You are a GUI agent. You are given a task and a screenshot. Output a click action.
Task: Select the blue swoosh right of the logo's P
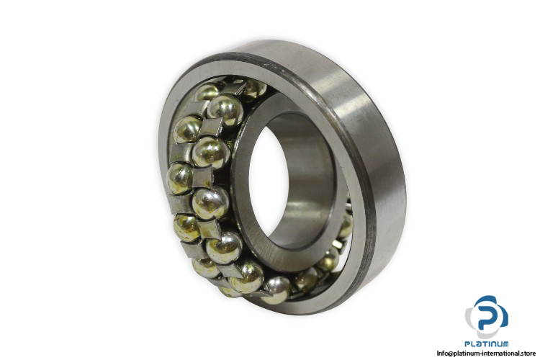tap(503, 315)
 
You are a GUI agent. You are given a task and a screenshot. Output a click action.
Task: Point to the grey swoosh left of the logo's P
tap(470, 317)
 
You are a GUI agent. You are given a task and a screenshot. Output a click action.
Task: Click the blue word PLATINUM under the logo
tap(486, 344)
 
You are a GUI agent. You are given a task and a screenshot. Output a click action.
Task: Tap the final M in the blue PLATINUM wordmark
tap(505, 344)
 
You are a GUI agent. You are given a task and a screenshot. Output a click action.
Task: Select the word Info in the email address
tap(443, 353)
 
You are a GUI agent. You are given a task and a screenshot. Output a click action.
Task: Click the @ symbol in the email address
tap(451, 354)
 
